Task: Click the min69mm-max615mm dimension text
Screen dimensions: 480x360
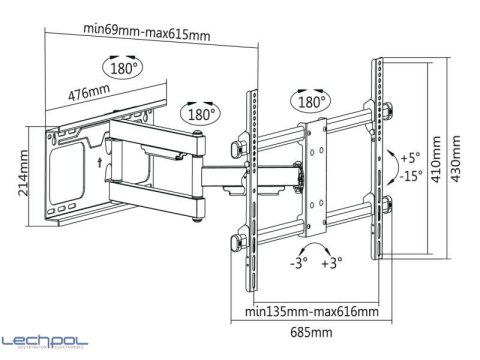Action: (x=147, y=32)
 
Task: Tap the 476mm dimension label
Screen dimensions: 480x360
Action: (x=89, y=92)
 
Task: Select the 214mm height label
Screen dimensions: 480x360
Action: (x=23, y=173)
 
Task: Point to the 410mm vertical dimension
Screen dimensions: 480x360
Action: (x=436, y=159)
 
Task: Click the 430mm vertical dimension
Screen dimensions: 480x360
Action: (x=456, y=159)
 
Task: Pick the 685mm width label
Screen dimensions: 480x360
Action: (x=311, y=332)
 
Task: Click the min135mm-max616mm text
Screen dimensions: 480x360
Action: (x=312, y=312)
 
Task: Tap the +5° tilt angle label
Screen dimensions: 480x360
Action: (x=410, y=157)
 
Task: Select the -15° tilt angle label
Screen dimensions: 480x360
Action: (x=411, y=175)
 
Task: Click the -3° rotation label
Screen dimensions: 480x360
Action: (x=299, y=263)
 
